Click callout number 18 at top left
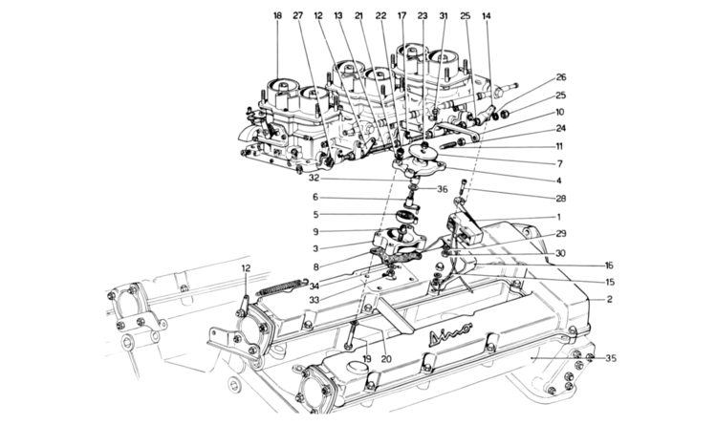pos(278,16)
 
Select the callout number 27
pos(297,16)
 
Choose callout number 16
pos(607,266)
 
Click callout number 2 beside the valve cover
pos(607,300)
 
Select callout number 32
pos(314,179)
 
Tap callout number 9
pos(314,230)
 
